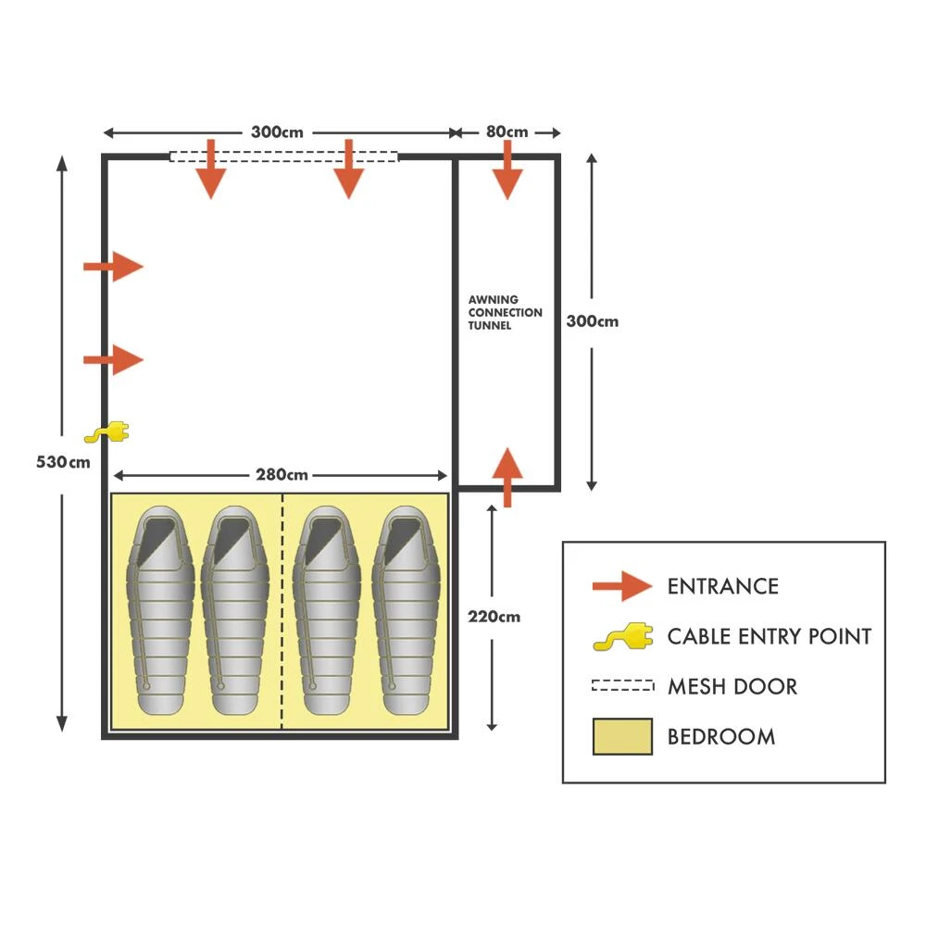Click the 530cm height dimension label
63,462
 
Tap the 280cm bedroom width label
282,476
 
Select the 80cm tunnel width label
507,132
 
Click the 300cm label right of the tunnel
593,322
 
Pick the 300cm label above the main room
278,132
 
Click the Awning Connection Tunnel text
505,313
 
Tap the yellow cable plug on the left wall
107,432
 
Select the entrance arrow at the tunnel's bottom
507,476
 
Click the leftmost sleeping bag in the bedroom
163,611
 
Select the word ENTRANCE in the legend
722,586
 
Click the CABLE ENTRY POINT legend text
769,636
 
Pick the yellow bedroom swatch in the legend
622,736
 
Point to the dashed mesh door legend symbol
622,686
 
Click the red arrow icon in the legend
622,586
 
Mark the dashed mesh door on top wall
283,156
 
